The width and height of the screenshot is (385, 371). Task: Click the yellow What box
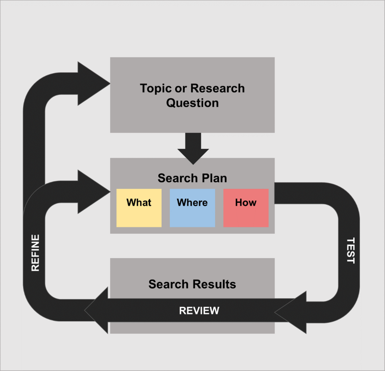click(x=139, y=208)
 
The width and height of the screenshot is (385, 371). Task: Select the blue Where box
click(x=192, y=208)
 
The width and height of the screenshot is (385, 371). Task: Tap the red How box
click(x=245, y=208)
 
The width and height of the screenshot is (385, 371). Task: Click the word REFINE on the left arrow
click(x=35, y=252)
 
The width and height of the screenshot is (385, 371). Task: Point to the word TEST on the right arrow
click(x=350, y=251)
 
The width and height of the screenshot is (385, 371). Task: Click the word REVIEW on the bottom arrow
click(x=199, y=311)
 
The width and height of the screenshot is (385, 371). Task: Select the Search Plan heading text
click(x=192, y=178)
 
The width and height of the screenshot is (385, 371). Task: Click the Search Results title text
click(x=192, y=284)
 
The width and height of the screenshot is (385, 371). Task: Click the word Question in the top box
click(x=192, y=103)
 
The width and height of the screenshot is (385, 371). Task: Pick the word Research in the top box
click(x=218, y=89)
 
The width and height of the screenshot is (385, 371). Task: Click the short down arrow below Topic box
click(x=193, y=147)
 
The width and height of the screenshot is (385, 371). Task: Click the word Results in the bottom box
click(x=214, y=284)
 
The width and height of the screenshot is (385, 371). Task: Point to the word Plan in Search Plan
click(x=214, y=178)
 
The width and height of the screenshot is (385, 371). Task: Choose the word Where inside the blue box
click(x=192, y=202)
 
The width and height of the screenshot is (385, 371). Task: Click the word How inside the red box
click(x=245, y=202)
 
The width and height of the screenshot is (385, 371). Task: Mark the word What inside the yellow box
click(x=139, y=202)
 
